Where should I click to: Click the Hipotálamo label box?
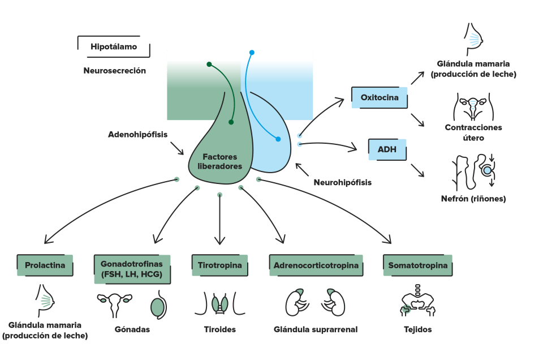114,46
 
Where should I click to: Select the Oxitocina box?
380,97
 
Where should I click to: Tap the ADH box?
387,149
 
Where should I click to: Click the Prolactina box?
45,265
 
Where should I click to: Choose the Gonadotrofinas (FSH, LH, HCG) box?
132,269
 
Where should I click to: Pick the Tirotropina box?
220,265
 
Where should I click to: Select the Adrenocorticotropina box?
316,265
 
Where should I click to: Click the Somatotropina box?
417,265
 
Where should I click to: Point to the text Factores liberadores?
220,161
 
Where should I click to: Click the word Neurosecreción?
115,71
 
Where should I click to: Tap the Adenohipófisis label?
138,135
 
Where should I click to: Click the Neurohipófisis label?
343,182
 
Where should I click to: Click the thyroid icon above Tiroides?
220,304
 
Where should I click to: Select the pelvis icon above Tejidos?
417,301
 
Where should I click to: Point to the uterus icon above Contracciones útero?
473,106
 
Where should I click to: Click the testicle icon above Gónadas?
158,305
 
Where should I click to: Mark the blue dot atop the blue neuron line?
252,53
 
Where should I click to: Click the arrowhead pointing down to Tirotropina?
220,241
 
